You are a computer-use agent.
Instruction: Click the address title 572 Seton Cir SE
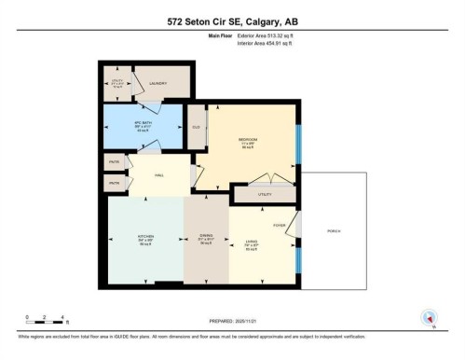[x=232, y=21]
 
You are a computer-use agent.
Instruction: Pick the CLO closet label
[x=197, y=128]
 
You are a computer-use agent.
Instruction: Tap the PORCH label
[x=332, y=230]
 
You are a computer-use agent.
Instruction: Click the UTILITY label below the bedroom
[x=265, y=195]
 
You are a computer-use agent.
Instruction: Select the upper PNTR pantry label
[x=114, y=162]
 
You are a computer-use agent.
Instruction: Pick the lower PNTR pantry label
[x=114, y=183]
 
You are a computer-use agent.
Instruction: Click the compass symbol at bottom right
[x=429, y=318]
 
